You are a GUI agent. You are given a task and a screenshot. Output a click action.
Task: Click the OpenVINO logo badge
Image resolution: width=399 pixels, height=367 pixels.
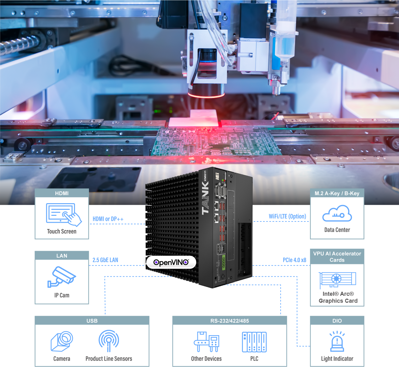pos(171,262)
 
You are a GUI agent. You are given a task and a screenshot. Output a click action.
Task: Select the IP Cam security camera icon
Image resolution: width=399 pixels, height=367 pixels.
pos(61,277)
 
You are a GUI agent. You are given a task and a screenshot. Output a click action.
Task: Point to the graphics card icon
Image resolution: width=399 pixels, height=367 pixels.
pos(337,280)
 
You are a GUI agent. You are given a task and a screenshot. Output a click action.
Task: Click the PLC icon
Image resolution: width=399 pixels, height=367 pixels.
pos(254,342)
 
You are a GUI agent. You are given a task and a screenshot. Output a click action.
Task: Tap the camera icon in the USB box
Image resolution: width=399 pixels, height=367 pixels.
pos(62,341)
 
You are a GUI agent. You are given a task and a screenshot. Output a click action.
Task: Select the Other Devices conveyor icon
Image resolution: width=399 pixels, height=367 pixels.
pos(206,342)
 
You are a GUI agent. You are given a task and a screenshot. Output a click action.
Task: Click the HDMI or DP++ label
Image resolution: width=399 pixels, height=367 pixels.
pos(108,219)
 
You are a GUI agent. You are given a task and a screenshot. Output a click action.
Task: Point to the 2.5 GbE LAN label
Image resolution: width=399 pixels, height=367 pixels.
pos(105,260)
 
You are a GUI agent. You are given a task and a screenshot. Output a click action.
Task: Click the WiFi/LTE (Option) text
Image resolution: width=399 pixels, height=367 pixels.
pos(287,216)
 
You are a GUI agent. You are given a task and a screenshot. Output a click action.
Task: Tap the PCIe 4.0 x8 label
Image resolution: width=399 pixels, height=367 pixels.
pos(294,260)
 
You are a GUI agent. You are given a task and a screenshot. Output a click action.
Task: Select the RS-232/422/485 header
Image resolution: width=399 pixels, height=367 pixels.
pos(230,321)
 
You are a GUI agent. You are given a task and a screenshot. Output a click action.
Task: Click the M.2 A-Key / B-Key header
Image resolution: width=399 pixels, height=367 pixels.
pos(337,193)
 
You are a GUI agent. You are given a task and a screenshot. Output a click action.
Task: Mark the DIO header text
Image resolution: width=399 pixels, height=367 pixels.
pos(337,321)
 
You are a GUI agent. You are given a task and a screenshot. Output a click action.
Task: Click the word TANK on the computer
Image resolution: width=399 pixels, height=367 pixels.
pos(205,198)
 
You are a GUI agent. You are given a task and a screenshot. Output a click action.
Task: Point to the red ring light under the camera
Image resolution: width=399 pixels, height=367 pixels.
pos(206,95)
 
